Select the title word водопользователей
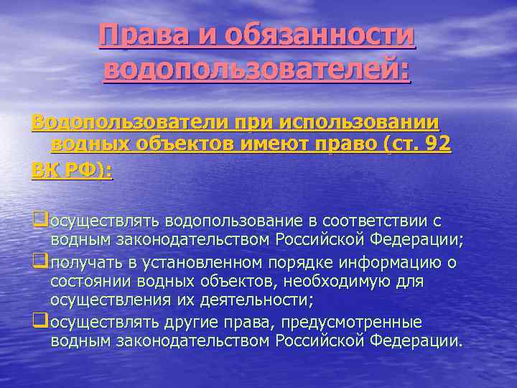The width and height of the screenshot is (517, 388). pyautogui.click(x=256, y=70)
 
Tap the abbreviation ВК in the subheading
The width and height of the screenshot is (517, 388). pyautogui.click(x=47, y=170)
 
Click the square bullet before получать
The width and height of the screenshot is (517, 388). pyautogui.click(x=38, y=263)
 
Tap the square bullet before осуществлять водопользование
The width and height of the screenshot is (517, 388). pyautogui.click(x=38, y=218)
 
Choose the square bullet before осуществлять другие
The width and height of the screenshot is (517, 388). pyautogui.click(x=38, y=321)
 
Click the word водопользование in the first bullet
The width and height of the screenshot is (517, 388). pyautogui.click(x=241, y=219)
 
